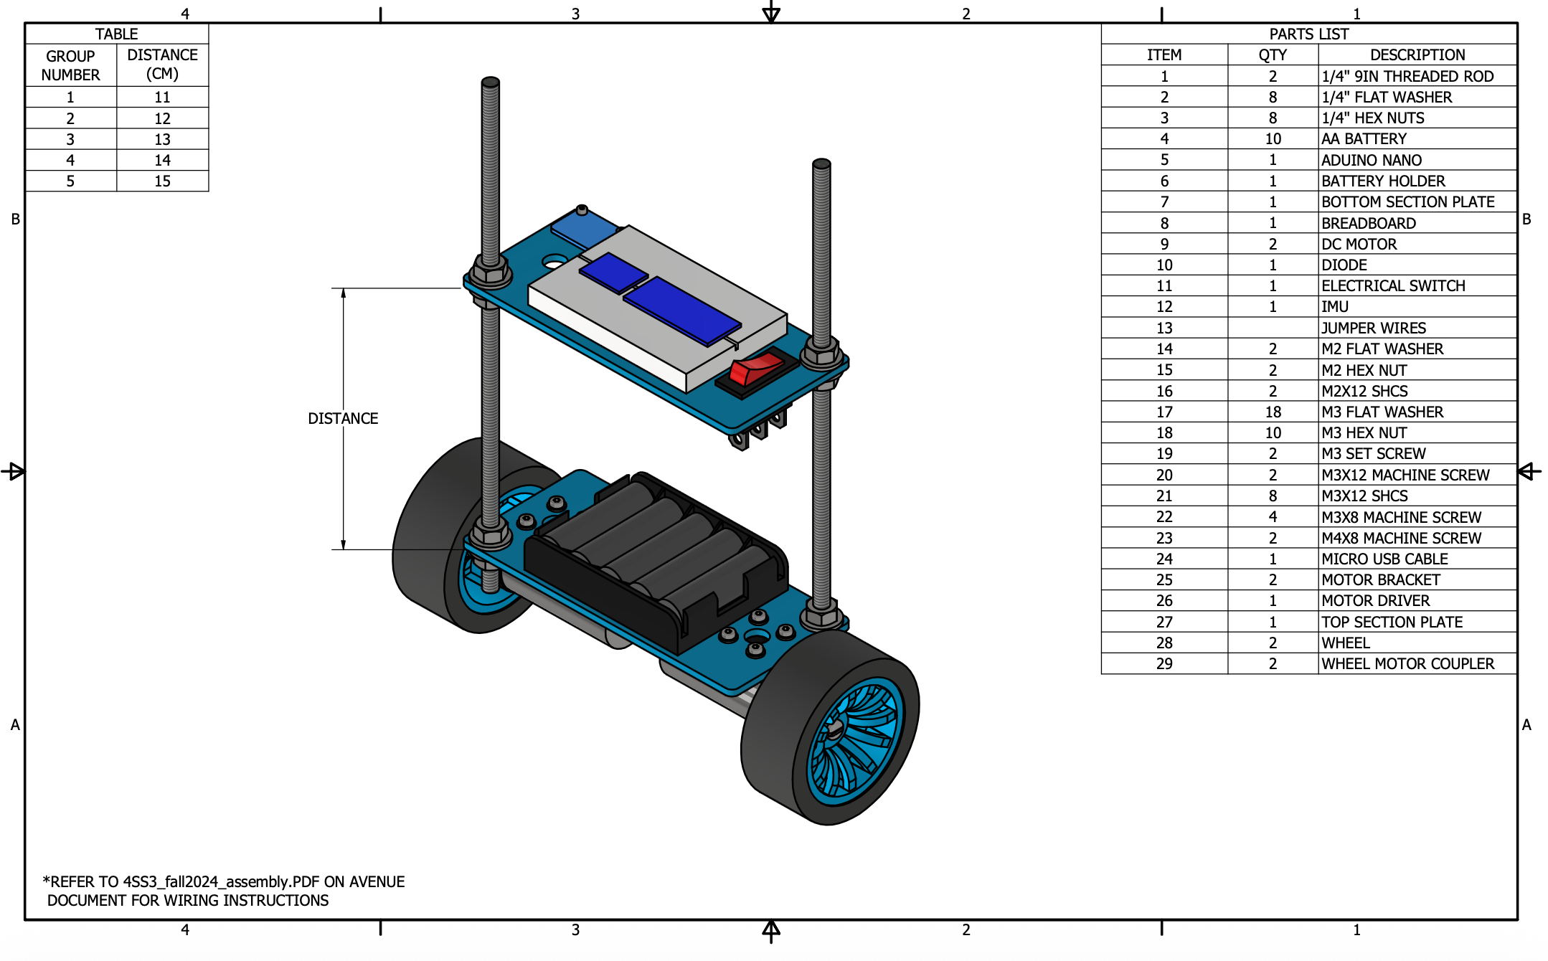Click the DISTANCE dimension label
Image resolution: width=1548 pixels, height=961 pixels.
pos(343,418)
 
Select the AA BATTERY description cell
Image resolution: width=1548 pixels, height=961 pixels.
pos(1364,138)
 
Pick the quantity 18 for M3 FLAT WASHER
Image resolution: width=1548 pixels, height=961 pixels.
pos(1273,412)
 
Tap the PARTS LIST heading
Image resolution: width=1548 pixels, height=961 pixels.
pos(1308,34)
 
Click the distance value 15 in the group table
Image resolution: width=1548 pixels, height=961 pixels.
pos(162,181)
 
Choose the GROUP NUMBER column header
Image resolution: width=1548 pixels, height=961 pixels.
pos(70,65)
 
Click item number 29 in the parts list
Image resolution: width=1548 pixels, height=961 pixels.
pos(1164,663)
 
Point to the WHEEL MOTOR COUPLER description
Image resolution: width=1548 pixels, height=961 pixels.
pos(1407,663)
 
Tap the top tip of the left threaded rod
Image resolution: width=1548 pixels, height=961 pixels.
pos(491,81)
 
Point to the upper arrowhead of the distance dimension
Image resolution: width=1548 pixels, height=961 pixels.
pos(344,293)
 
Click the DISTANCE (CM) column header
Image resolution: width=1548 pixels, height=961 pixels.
pos(162,65)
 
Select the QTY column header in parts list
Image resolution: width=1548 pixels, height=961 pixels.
pos(1273,55)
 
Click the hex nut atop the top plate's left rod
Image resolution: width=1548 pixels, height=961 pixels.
pos(490,273)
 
